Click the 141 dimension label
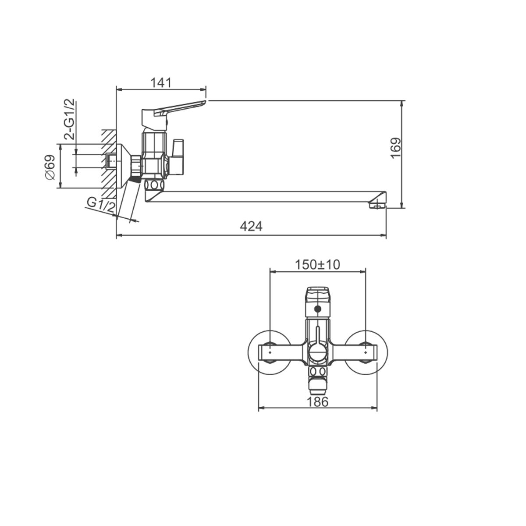pos(161,83)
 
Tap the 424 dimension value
pos(251,226)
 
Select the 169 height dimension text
pos(396,148)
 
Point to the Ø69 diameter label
pos(50,167)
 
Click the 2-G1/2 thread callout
pos(69,120)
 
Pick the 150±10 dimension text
pos(317,264)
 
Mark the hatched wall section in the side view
pos(109,164)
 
